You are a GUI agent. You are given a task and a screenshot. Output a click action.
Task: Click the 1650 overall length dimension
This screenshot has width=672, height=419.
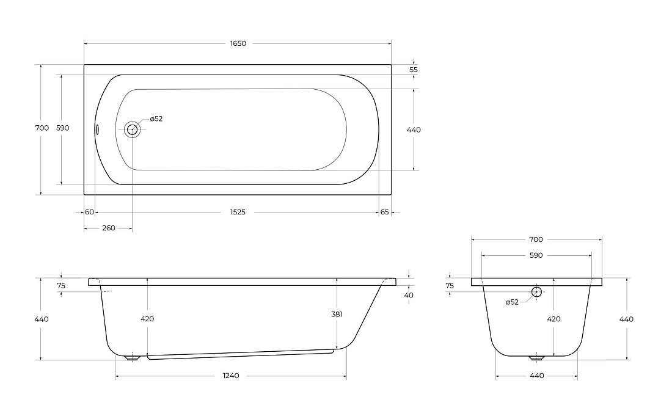tap(238, 43)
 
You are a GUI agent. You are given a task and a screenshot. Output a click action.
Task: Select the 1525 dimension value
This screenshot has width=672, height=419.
tap(238, 212)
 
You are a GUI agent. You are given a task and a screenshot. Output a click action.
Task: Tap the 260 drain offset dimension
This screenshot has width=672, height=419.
tap(108, 228)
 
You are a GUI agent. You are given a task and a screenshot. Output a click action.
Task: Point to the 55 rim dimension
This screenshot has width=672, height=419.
tap(413, 70)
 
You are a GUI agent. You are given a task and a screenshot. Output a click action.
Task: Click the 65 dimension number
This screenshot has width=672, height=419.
tap(384, 212)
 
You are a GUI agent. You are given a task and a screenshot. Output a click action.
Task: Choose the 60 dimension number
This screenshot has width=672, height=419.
tap(89, 212)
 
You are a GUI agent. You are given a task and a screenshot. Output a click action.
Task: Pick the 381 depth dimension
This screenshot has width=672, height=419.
tap(337, 314)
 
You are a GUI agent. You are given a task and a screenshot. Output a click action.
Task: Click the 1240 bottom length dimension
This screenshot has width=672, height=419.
tap(231, 376)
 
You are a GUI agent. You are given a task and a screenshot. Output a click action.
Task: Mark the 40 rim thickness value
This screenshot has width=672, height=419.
tap(409, 295)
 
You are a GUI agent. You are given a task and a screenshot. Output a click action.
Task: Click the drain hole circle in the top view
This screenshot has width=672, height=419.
tap(132, 129)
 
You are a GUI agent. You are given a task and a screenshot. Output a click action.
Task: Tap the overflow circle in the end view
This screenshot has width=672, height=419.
tap(536, 292)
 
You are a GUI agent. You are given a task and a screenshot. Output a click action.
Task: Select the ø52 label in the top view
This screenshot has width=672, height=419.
tap(156, 118)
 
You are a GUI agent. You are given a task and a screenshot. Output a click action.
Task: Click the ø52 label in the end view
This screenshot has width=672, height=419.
tap(512, 302)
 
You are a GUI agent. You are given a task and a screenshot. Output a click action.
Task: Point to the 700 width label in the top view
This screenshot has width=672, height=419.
tap(42, 128)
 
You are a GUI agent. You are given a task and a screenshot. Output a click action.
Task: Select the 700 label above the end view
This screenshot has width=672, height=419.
tap(536, 239)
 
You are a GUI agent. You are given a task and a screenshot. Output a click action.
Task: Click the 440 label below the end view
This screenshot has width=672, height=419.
tap(536, 376)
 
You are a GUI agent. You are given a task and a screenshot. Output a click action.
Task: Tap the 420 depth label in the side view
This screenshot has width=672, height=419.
tap(147, 319)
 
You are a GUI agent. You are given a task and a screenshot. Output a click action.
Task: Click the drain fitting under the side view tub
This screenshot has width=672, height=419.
tap(132, 357)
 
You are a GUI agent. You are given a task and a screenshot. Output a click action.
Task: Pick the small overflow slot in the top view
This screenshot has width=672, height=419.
tap(97, 129)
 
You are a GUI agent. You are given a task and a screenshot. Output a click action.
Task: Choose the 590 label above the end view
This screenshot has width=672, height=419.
tap(536, 255)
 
